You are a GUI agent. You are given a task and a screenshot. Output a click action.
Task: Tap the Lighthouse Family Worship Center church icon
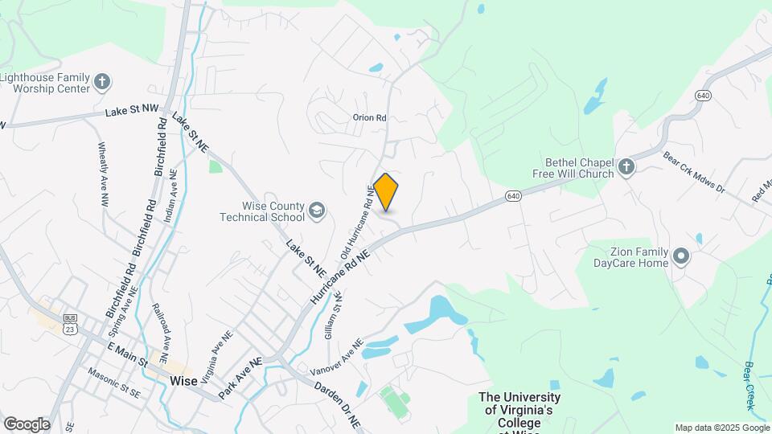click(102, 81)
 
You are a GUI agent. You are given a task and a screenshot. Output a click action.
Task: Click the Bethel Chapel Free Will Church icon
click(626, 167)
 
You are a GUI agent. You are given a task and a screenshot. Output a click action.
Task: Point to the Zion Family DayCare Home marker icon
click(681, 257)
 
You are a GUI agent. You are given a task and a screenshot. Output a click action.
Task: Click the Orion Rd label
click(370, 117)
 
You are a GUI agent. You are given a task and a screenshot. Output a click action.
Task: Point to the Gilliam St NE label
click(333, 315)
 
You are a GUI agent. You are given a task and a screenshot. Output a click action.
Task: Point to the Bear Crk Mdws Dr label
click(694, 173)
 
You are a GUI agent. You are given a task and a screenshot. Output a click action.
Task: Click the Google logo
click(27, 424)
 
